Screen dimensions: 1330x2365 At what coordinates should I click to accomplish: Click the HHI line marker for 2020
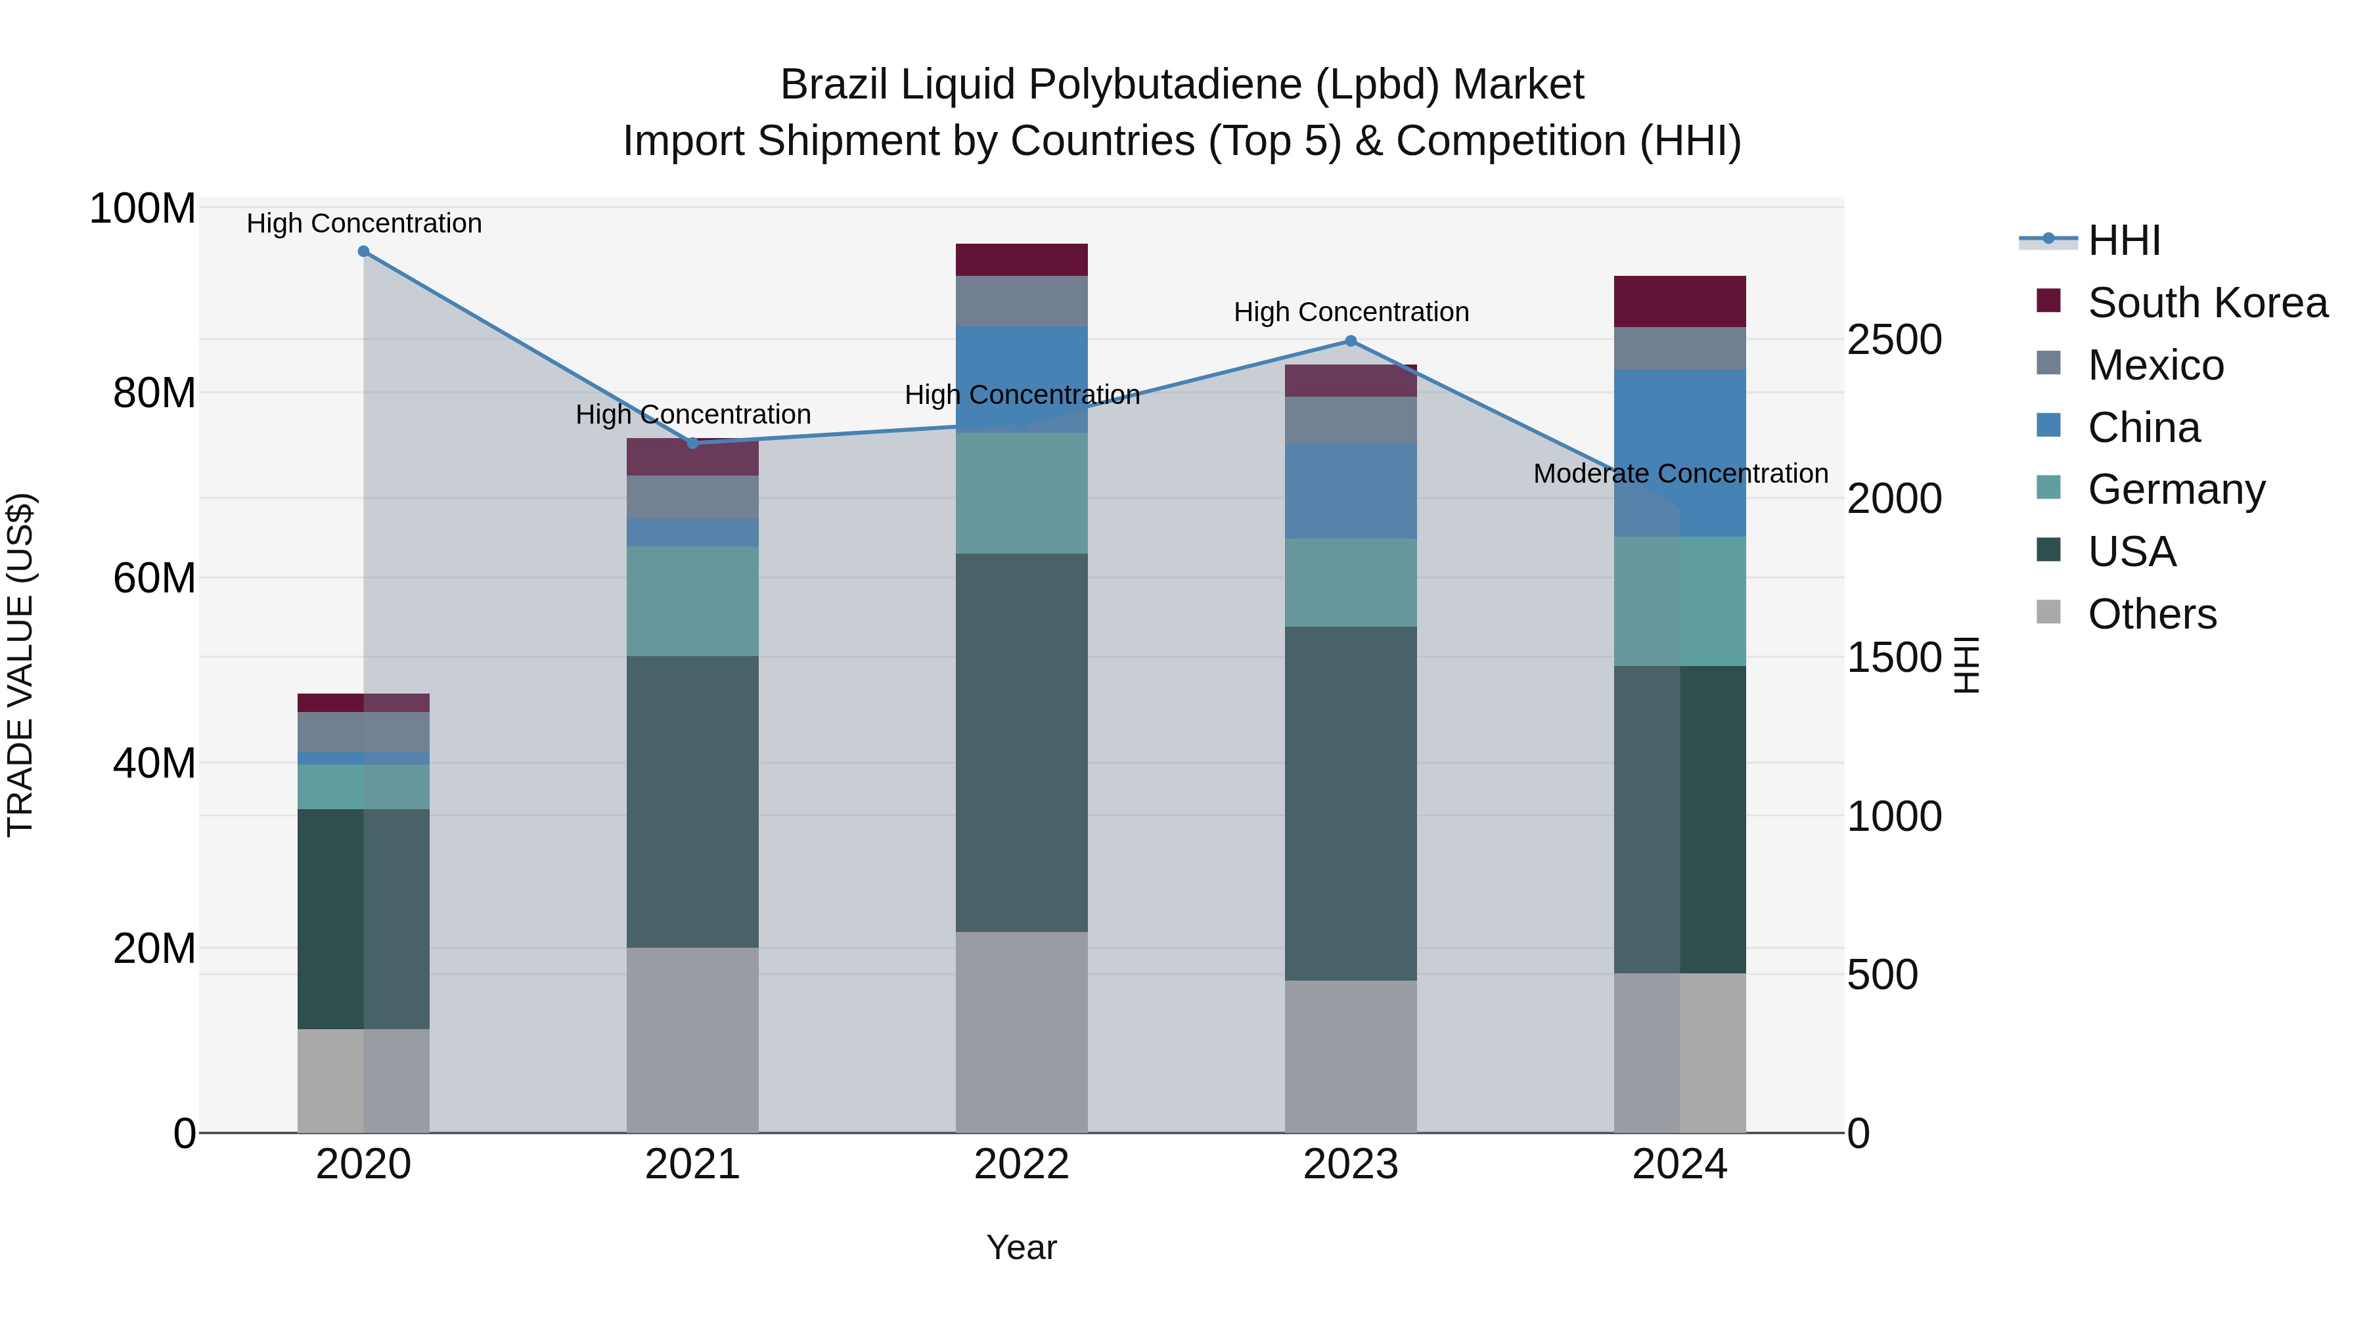tap(363, 252)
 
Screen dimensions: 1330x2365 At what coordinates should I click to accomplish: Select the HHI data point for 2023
tap(1351, 342)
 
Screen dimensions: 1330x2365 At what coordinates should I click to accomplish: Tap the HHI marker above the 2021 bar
tap(693, 443)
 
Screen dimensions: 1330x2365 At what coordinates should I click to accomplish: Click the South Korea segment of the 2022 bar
tap(1022, 259)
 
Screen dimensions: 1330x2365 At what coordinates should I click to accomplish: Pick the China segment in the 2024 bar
tap(1680, 453)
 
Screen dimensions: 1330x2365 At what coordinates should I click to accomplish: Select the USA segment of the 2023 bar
tap(1351, 803)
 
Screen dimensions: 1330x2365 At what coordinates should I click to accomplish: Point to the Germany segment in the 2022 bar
tap(1022, 493)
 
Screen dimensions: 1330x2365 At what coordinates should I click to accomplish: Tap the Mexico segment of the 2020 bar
tap(363, 732)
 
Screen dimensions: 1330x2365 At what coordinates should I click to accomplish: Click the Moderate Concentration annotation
tap(1680, 474)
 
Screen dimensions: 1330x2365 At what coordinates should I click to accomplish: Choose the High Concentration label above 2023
tap(1351, 312)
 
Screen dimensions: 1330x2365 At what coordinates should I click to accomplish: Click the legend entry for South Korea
tap(2207, 303)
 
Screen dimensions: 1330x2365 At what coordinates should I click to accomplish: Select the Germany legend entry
tap(2176, 489)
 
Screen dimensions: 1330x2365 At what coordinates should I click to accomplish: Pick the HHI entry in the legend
tap(2123, 240)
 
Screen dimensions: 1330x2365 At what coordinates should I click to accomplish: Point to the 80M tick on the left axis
tap(154, 393)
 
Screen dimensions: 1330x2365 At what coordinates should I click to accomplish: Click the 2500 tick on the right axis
tap(1894, 340)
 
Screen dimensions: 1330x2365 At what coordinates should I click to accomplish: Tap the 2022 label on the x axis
tap(1022, 1164)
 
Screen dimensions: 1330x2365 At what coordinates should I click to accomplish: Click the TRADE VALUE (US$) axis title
tap(20, 665)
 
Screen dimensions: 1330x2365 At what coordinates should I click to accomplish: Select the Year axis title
tap(1022, 1247)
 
